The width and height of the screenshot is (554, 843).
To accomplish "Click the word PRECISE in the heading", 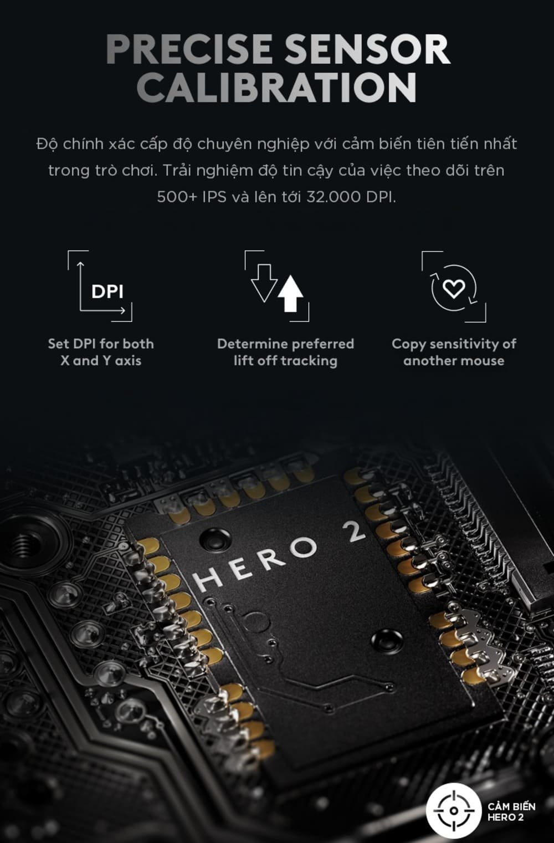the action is [189, 49].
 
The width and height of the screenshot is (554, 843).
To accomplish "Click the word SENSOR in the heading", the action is [367, 49].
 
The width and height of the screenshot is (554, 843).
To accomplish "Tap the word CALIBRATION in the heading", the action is [277, 88].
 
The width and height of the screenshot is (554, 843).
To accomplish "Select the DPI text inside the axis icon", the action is [107, 292].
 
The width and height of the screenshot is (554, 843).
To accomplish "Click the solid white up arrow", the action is [290, 294].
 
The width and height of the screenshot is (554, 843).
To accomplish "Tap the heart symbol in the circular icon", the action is [454, 289].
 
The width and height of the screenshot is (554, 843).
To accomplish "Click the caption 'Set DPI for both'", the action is [101, 344].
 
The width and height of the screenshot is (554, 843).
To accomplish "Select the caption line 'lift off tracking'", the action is [285, 360].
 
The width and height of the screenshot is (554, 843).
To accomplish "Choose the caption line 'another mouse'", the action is [454, 360].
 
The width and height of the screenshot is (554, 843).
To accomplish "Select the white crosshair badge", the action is [454, 810].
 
